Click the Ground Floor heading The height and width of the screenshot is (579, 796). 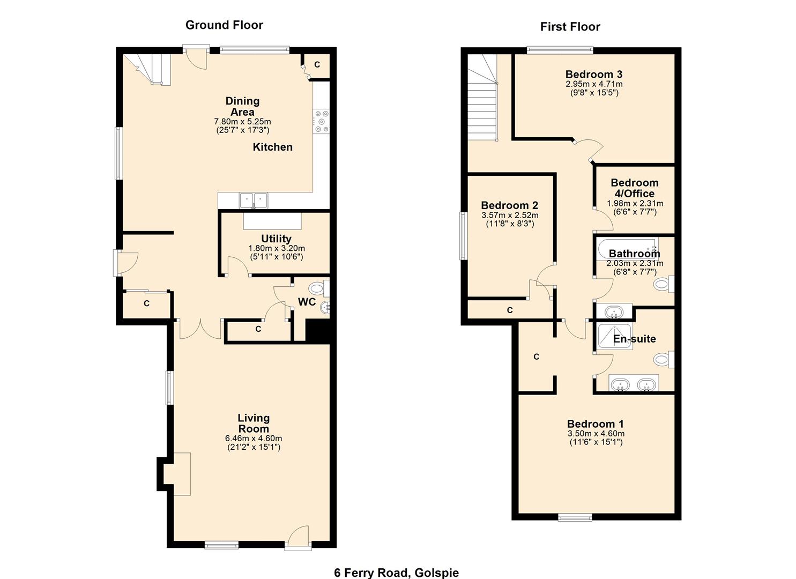tap(224, 25)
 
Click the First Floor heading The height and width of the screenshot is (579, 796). tap(570, 27)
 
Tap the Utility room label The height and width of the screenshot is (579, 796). tap(276, 239)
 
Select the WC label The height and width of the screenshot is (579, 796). tap(307, 302)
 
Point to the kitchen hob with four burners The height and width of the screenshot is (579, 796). tap(322, 121)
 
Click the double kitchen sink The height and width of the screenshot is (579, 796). tap(253, 200)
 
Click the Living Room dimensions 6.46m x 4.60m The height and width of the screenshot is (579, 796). tap(254, 439)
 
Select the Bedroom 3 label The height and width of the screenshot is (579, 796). tap(594, 75)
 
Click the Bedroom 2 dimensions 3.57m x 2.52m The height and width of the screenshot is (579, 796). tap(510, 215)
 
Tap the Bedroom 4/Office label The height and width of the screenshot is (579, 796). tap(635, 188)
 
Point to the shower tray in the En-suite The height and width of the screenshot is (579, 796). tap(615, 336)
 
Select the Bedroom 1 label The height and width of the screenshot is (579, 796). tap(596, 424)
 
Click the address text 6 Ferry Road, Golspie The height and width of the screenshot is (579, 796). tap(396, 573)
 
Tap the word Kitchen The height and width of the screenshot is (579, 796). tap(273, 147)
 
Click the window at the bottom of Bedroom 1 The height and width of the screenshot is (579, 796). tap(575, 517)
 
